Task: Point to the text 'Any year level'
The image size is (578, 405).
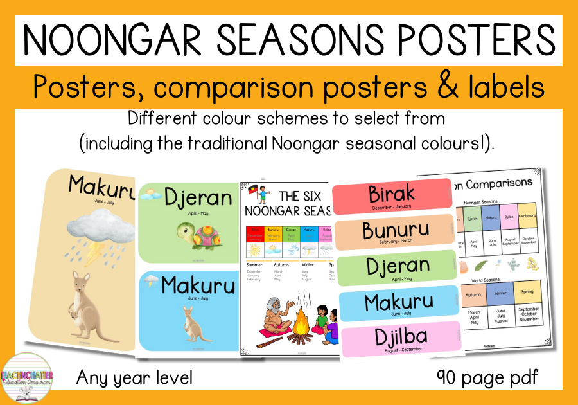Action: pos(134,377)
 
